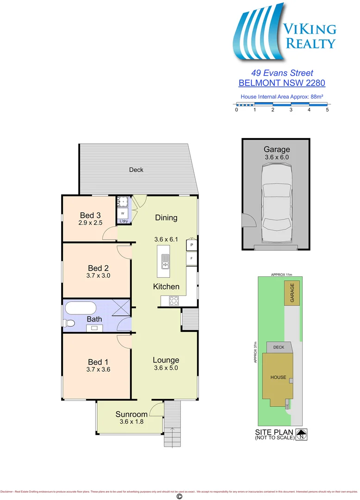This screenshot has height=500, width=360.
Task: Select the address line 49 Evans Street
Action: click(282, 73)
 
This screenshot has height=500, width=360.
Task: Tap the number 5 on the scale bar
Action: click(327, 110)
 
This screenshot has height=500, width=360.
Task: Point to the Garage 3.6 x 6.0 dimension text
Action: click(277, 157)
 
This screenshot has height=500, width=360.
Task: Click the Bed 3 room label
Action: click(90, 215)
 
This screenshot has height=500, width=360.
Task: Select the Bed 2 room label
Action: click(98, 268)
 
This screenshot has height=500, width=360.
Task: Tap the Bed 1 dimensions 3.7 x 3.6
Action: click(98, 369)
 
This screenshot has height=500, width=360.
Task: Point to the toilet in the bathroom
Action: click(69, 323)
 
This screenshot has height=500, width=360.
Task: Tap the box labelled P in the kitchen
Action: click(192, 244)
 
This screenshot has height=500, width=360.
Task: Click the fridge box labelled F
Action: click(192, 258)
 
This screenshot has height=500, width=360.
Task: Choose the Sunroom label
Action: click(131, 414)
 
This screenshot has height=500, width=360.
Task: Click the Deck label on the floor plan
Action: click(136, 169)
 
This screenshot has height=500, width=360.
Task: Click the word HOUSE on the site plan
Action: click(278, 377)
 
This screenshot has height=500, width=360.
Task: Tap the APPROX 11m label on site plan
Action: click(282, 275)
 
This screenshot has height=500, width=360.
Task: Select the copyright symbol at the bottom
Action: click(180, 496)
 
